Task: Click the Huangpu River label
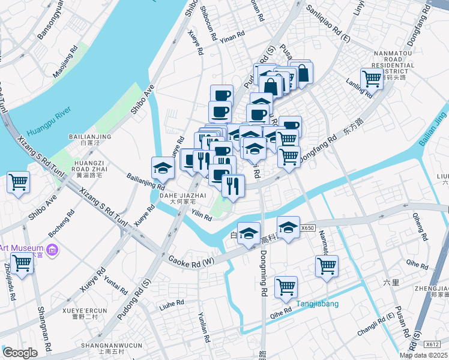click(x=46, y=121)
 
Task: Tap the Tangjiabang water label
click(x=316, y=304)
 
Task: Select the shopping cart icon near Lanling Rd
click(x=372, y=78)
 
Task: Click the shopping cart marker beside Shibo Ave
click(x=18, y=181)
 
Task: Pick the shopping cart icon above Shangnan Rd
click(x=22, y=262)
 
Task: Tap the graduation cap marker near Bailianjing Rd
click(x=161, y=168)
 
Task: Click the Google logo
click(x=20, y=353)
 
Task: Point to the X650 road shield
click(x=307, y=228)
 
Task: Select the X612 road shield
click(x=432, y=344)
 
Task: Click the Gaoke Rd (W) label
click(x=191, y=261)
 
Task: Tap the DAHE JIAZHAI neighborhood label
click(x=182, y=196)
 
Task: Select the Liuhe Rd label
click(x=172, y=304)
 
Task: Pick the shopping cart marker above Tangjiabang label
click(x=286, y=286)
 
